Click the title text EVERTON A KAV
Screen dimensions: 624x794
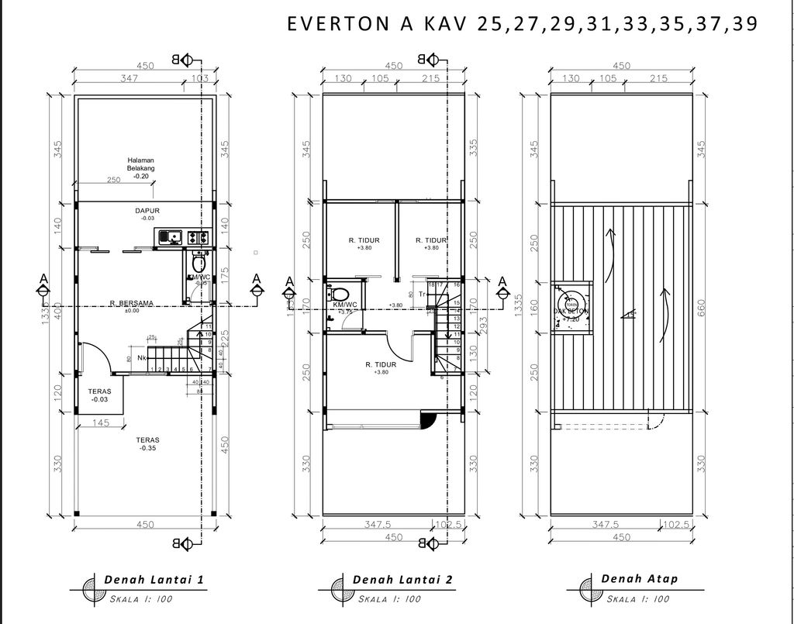click(x=379, y=23)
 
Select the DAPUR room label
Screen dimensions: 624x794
click(x=147, y=210)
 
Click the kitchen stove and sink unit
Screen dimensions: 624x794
click(x=183, y=238)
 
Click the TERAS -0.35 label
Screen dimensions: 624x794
click(x=147, y=443)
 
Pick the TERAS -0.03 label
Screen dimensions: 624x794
click(x=99, y=395)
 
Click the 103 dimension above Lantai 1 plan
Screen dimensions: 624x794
click(x=199, y=78)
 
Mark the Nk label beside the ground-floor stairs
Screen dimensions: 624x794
click(x=143, y=358)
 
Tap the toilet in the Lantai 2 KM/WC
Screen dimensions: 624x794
click(x=338, y=294)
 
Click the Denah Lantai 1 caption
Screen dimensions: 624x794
click(x=154, y=579)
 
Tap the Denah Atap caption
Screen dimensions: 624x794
click(x=639, y=579)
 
